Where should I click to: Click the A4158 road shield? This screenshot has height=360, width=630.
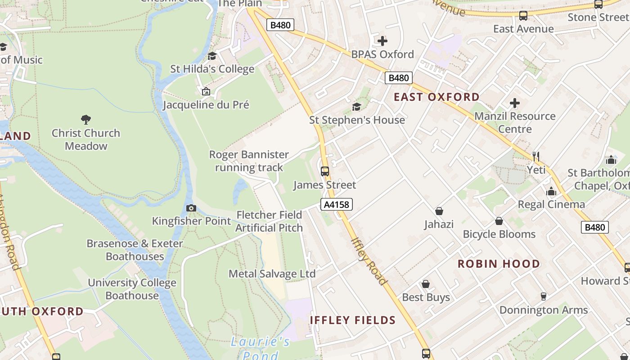337,205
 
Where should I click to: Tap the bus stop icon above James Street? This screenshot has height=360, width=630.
324,171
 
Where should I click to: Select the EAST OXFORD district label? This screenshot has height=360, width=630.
436,97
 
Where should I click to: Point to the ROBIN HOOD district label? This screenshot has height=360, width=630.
499,264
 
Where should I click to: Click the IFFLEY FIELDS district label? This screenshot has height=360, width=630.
353,320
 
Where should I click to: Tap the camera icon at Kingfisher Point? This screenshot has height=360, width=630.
191,208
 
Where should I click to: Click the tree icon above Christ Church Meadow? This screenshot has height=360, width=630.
86,120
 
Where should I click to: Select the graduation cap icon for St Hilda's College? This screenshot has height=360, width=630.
212,56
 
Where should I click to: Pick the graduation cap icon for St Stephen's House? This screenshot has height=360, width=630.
356,107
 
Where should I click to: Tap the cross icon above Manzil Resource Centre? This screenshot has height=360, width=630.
515,103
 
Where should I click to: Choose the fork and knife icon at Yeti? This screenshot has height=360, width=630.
536,157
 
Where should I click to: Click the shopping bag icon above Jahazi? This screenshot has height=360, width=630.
439,211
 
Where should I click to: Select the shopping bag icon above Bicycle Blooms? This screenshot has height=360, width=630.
499,221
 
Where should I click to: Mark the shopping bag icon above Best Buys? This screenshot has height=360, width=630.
426,284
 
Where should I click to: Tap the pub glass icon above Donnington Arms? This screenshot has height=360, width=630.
544,297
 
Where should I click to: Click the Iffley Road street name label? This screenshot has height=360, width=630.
369,261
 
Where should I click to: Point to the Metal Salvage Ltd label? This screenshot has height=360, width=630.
272,274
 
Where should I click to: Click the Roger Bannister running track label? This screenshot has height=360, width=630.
249,161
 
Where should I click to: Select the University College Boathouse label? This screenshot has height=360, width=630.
132,289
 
